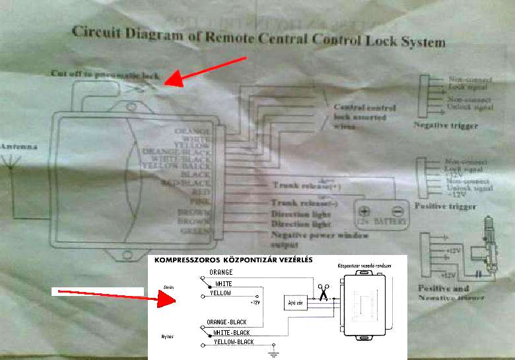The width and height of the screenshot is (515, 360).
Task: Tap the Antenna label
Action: pyautogui.click(x=15, y=145)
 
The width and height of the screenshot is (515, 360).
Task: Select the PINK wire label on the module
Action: pyautogui.click(x=201, y=201)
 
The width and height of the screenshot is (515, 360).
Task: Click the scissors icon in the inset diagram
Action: pyautogui.click(x=324, y=293)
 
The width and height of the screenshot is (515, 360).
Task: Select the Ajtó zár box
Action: pyautogui.click(x=295, y=302)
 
